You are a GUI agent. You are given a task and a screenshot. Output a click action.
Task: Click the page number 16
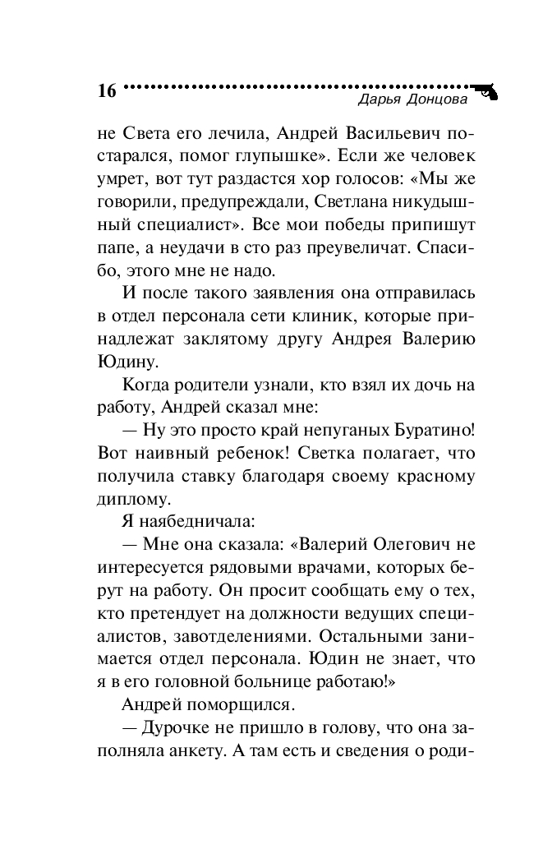click(106, 90)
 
